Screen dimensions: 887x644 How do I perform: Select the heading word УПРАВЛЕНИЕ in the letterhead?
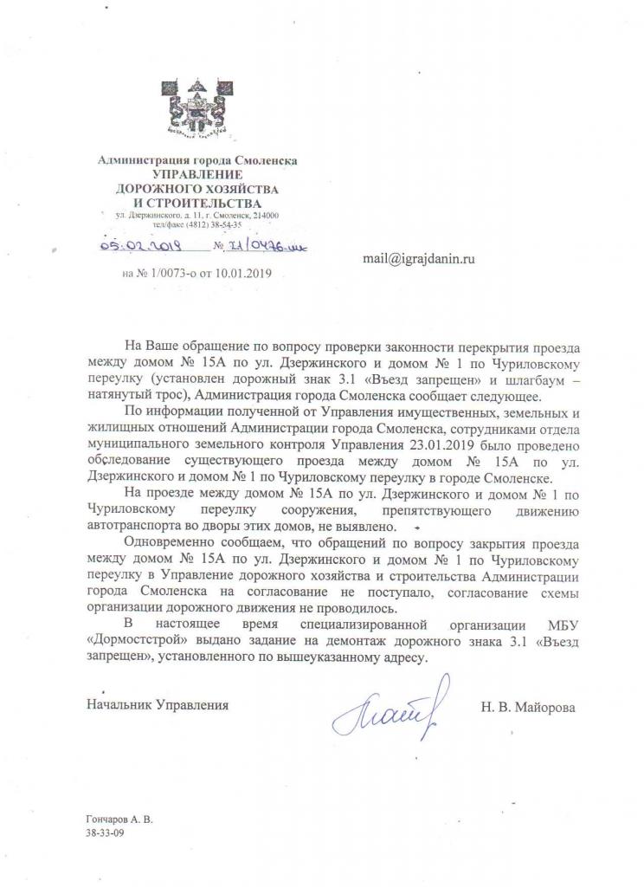pyautogui.click(x=197, y=174)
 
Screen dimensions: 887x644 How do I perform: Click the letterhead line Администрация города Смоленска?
pyautogui.click(x=198, y=160)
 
